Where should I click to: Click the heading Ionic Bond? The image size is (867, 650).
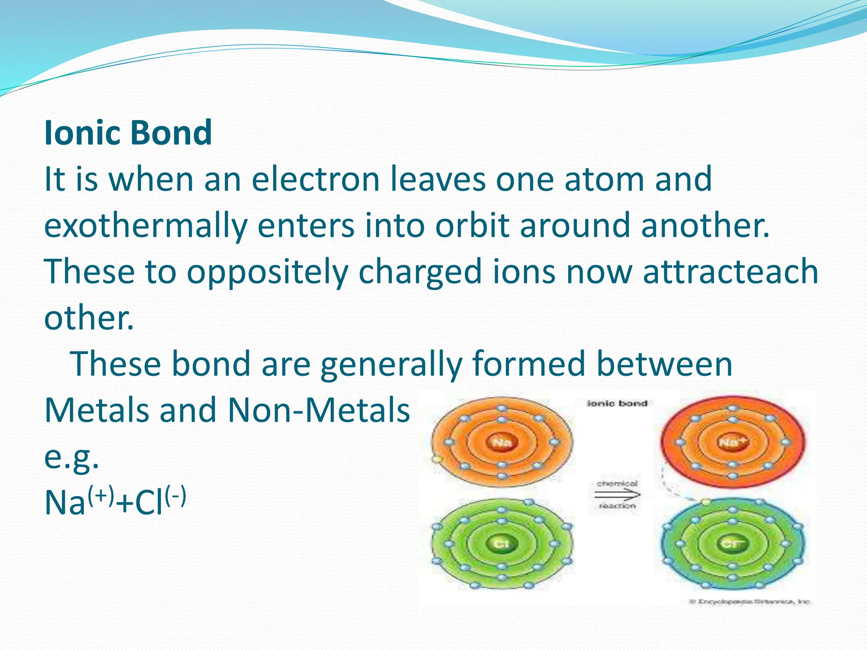[x=128, y=132]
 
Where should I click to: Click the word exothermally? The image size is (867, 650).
[x=145, y=225]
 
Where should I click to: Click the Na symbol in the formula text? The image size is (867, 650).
[x=65, y=503]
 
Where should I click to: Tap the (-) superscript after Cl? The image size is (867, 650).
[x=175, y=496]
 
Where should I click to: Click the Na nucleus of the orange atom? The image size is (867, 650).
[x=502, y=443]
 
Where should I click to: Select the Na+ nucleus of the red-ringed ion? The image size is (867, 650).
[x=733, y=442]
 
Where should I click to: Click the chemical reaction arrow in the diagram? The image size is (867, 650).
[x=617, y=494]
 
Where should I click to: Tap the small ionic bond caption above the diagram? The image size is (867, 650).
[x=617, y=403]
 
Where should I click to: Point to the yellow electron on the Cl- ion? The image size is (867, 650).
[x=705, y=502]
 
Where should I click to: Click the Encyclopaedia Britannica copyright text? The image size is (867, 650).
[x=750, y=601]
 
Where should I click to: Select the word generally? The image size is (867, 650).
[x=391, y=364]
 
